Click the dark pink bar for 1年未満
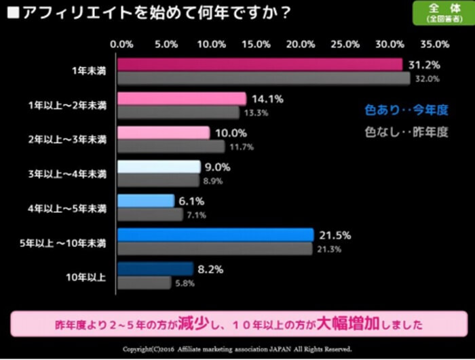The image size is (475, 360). [260, 64]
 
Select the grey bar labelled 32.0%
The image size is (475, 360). [263, 79]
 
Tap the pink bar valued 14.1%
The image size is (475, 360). [181, 99]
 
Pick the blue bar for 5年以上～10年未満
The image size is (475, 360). [215, 235]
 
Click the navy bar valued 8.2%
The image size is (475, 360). [155, 269]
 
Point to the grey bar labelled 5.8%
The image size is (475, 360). [144, 283]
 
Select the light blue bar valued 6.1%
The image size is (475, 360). [146, 201]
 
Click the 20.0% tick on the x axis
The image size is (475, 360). [301, 44]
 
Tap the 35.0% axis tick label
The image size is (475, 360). [434, 44]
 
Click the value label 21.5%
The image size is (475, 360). [335, 235]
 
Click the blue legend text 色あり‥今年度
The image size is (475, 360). [406, 109]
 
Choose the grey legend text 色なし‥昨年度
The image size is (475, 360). [406, 132]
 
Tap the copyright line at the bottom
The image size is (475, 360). [237, 349]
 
